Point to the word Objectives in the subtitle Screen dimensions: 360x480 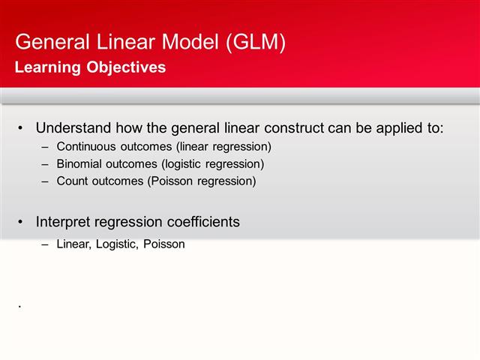[x=124, y=67]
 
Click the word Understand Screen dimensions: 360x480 [x=74, y=127]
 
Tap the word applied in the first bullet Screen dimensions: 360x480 [x=391, y=127]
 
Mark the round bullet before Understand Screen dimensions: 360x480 [x=21, y=127]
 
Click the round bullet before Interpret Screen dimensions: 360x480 [x=21, y=222]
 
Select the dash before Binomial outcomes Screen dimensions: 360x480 [x=46, y=163]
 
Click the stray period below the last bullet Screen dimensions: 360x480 [x=19, y=307]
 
